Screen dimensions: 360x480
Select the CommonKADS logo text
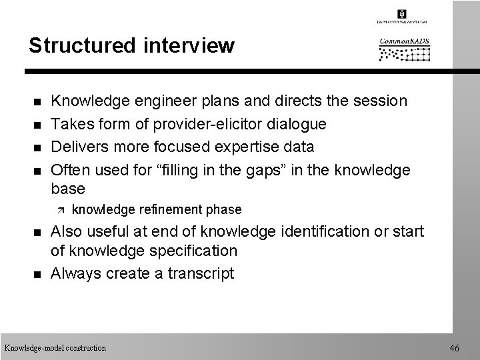(x=404, y=41)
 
